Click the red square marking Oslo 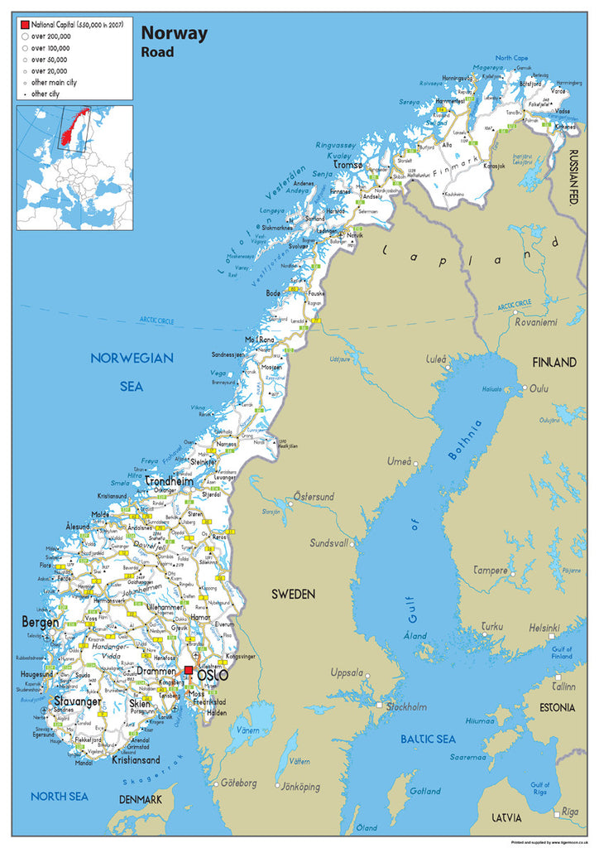[189, 671]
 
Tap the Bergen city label [40, 621]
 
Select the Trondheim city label [169, 481]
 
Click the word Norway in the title [175, 33]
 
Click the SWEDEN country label [294, 594]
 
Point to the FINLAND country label [554, 363]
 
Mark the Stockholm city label [405, 706]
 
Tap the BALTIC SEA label [428, 738]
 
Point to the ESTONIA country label [556, 707]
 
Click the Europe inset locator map [74, 166]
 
